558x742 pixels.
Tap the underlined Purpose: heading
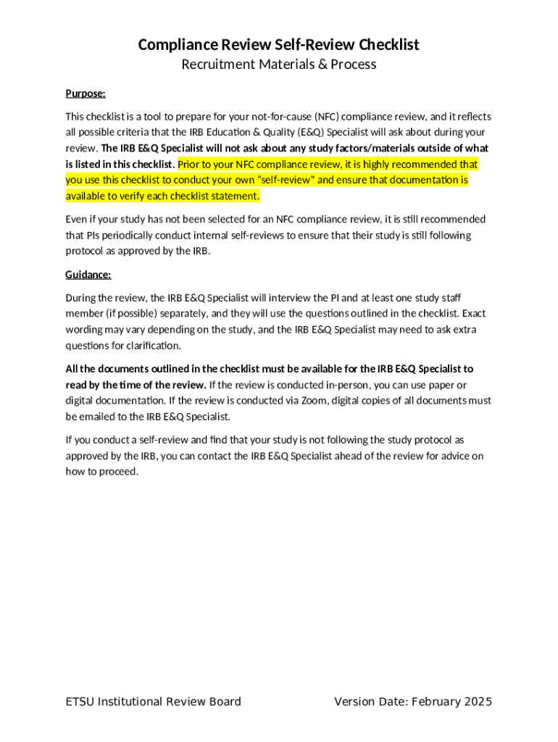[86, 93]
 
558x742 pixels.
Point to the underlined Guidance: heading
[88, 275]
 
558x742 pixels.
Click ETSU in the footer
[80, 701]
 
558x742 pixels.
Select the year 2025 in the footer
[477, 701]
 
